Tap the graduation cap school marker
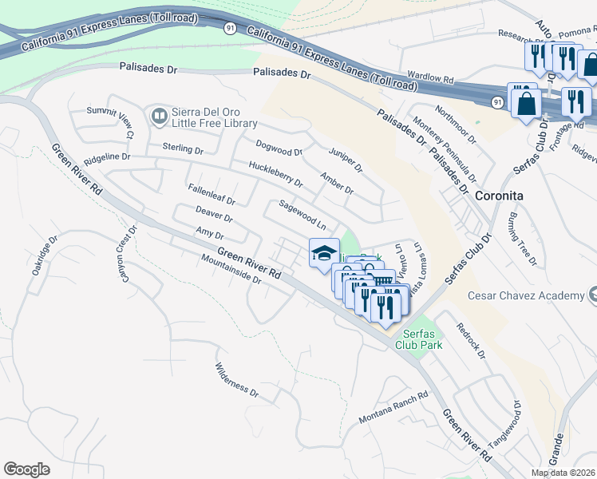(323, 254)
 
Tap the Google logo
(26, 469)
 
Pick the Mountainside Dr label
(231, 269)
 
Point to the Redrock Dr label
(470, 340)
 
